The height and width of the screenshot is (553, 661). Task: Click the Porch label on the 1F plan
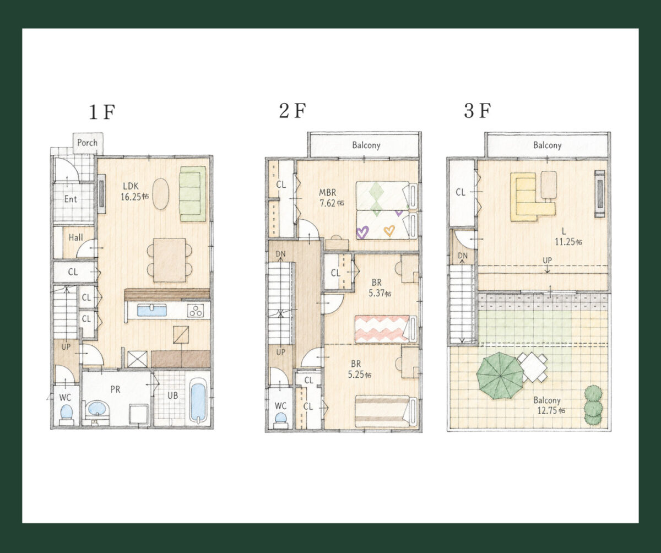pos(88,143)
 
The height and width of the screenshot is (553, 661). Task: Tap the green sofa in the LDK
pos(192,194)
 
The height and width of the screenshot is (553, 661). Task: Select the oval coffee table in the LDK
pos(160,194)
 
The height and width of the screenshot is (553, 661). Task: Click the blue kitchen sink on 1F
pos(151,310)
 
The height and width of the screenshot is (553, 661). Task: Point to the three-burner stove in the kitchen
pos(196,311)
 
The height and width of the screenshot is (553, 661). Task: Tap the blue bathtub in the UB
pos(198,401)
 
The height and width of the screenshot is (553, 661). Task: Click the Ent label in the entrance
pos(71,199)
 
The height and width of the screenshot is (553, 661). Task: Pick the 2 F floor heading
pos(292,111)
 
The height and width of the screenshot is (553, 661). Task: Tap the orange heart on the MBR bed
pos(389,230)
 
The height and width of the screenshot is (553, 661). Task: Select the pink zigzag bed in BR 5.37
pos(386,329)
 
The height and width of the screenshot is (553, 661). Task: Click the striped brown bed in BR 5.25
pos(386,411)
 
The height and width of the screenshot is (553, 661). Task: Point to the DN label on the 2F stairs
pos(280,254)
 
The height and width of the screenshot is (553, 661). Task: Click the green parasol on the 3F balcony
pos(500,376)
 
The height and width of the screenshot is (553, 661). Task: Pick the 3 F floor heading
pos(478,111)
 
